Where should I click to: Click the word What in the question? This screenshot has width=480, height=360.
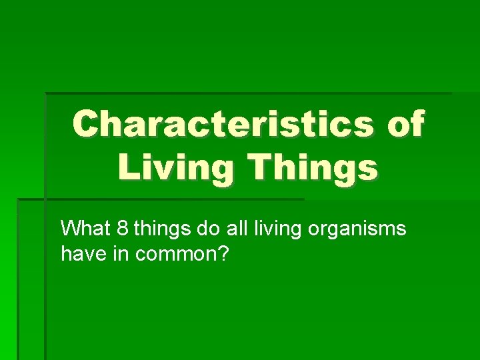(x=85, y=229)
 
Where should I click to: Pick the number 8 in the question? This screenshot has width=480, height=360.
(x=121, y=229)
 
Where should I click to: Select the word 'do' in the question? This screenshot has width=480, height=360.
(x=206, y=229)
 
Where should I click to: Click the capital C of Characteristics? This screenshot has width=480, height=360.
(x=87, y=124)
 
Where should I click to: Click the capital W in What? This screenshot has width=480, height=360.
(x=69, y=229)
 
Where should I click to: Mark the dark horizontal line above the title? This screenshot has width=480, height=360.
(x=247, y=93)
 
